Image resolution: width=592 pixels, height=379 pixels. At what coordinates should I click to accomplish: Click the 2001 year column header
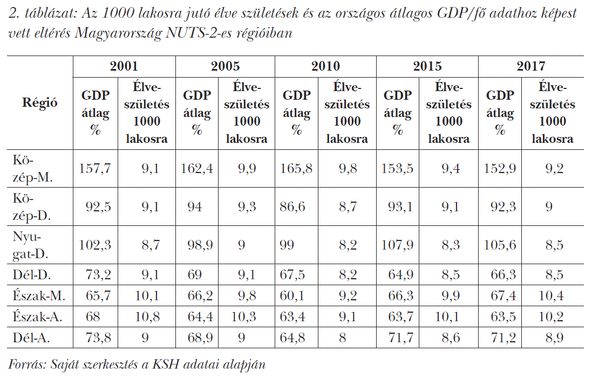pos(124,66)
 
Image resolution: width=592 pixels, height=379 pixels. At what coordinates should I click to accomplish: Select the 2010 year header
pos(325,66)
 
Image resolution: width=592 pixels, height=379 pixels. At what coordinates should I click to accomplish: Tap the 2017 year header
pos(530,66)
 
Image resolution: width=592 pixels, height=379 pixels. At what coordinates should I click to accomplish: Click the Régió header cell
pos(39,102)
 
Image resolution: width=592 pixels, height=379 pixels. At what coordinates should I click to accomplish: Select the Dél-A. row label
pos(34,339)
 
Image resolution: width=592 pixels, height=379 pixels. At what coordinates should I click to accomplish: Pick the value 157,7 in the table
pos(96,169)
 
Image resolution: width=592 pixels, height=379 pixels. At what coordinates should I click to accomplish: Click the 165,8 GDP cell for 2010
pos(296,169)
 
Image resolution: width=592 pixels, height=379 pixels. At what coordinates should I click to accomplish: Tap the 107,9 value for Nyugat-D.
pos(398,245)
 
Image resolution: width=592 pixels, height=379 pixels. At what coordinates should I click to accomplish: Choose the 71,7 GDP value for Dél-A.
pos(400,339)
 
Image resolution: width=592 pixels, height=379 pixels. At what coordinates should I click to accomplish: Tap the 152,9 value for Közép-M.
pos(500,169)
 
